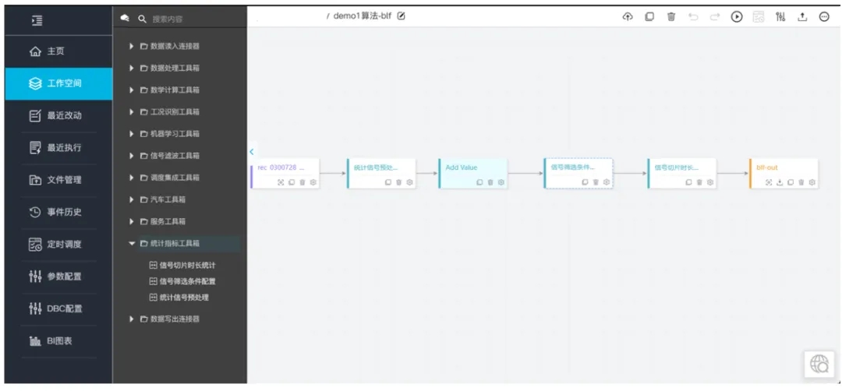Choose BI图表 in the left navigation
(58, 341)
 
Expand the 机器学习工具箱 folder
(174, 134)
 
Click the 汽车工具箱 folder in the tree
(168, 200)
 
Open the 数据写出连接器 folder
(174, 319)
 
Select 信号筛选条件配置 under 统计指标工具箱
(187, 281)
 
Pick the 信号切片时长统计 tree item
(187, 266)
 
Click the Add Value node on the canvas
(462, 167)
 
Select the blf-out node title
(767, 167)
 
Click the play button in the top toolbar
(737, 17)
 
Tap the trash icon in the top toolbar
(671, 17)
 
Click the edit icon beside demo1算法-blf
(402, 16)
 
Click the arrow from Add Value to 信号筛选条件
(525, 174)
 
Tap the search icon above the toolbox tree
(142, 19)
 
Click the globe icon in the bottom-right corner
(819, 364)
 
